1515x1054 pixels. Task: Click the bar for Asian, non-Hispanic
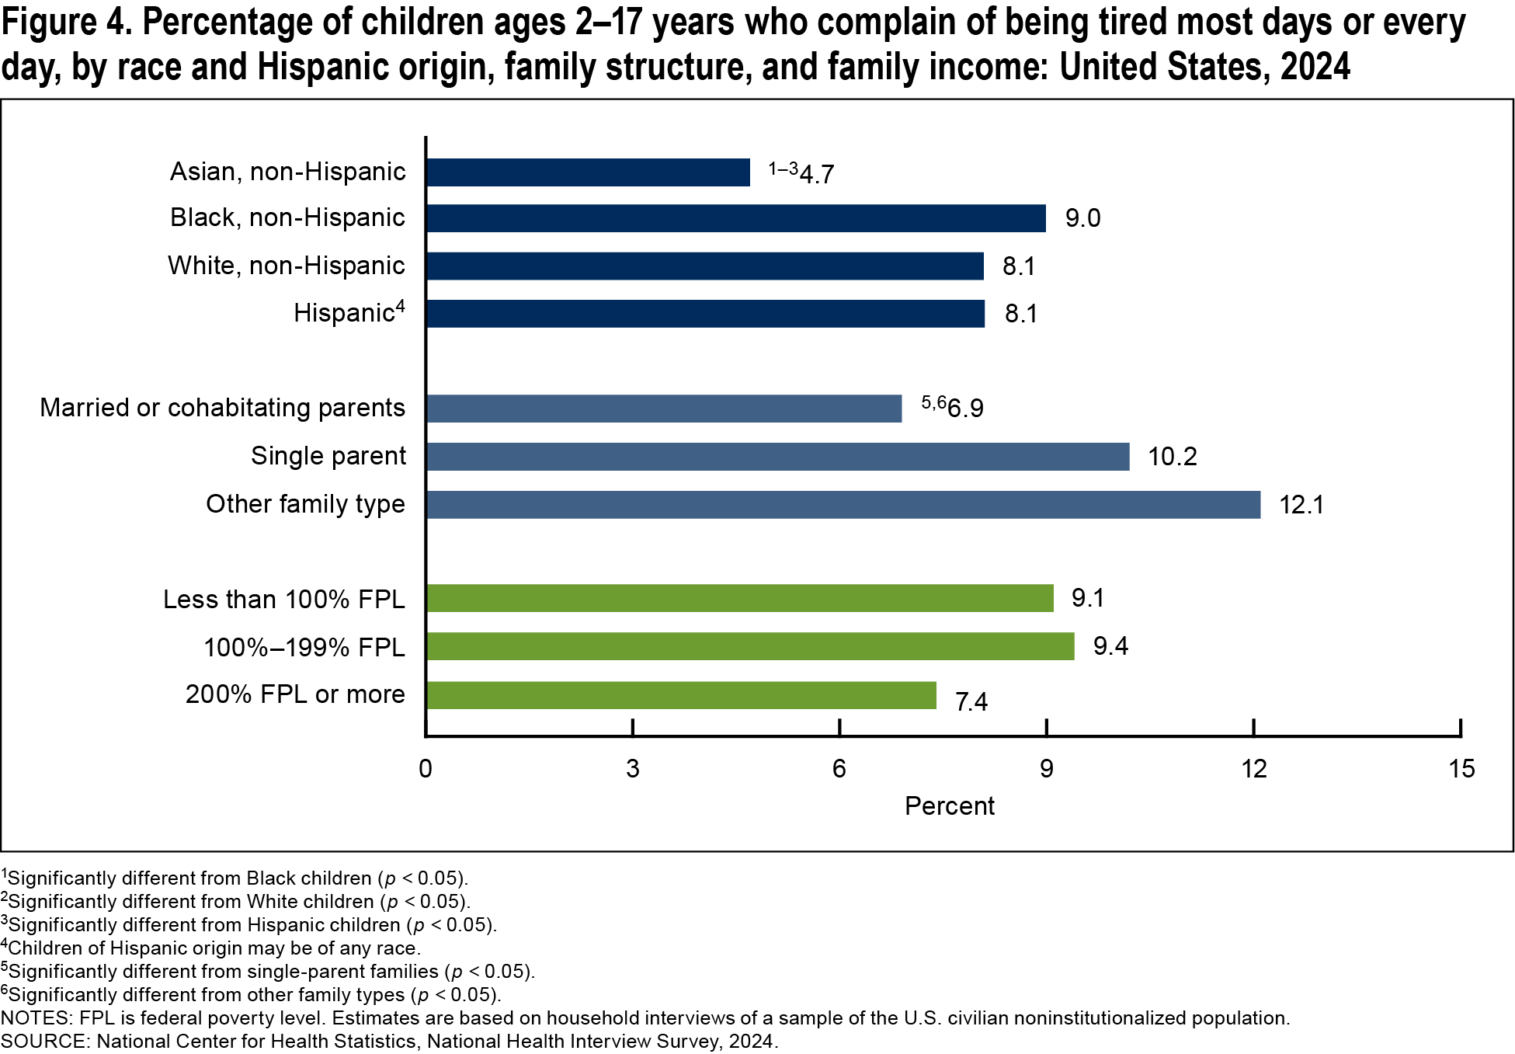588,172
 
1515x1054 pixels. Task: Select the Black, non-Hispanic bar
735,218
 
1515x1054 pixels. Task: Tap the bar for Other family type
843,505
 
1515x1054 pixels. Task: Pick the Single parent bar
777,457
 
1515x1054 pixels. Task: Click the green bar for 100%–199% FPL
749,646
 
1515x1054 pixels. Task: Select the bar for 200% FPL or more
680,695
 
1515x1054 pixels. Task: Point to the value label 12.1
1301,505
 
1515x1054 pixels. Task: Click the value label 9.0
1082,218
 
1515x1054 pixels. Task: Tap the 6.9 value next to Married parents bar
965,409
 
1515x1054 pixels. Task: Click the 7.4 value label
971,702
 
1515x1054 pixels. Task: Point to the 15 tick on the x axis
1461,769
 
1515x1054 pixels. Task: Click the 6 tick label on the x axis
839,769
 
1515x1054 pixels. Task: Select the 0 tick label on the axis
426,769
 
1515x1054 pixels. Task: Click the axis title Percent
949,806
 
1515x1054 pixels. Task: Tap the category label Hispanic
345,313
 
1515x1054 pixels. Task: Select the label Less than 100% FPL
283,600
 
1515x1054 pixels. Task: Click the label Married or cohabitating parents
222,408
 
